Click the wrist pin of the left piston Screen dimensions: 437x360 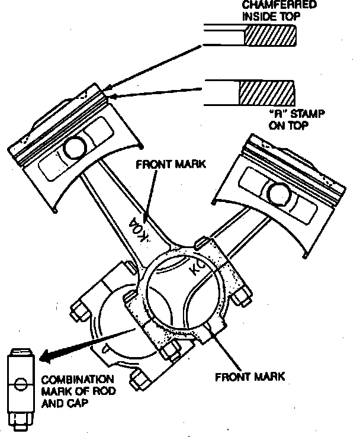[75, 147]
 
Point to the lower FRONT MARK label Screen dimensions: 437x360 [250, 376]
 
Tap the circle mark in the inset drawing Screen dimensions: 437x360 [20, 384]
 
